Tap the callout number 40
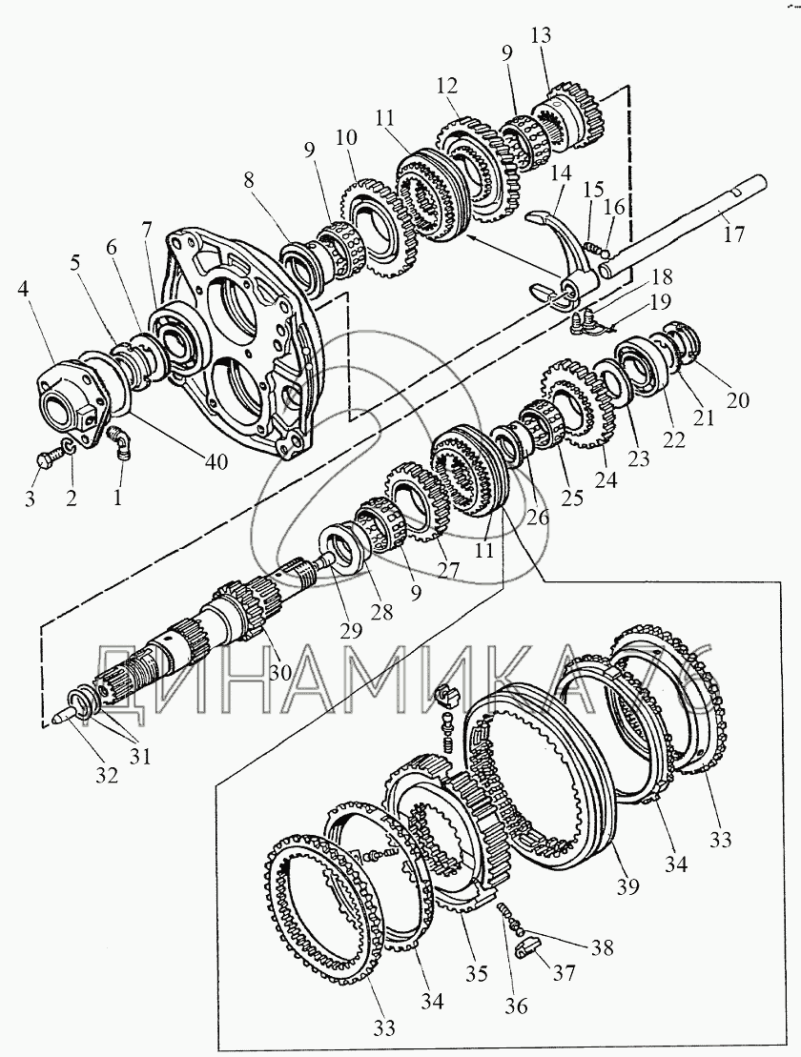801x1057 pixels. pos(216,461)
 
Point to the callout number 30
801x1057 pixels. pos(279,671)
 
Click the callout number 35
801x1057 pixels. pos(477,973)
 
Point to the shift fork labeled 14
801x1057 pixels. pos(563,238)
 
